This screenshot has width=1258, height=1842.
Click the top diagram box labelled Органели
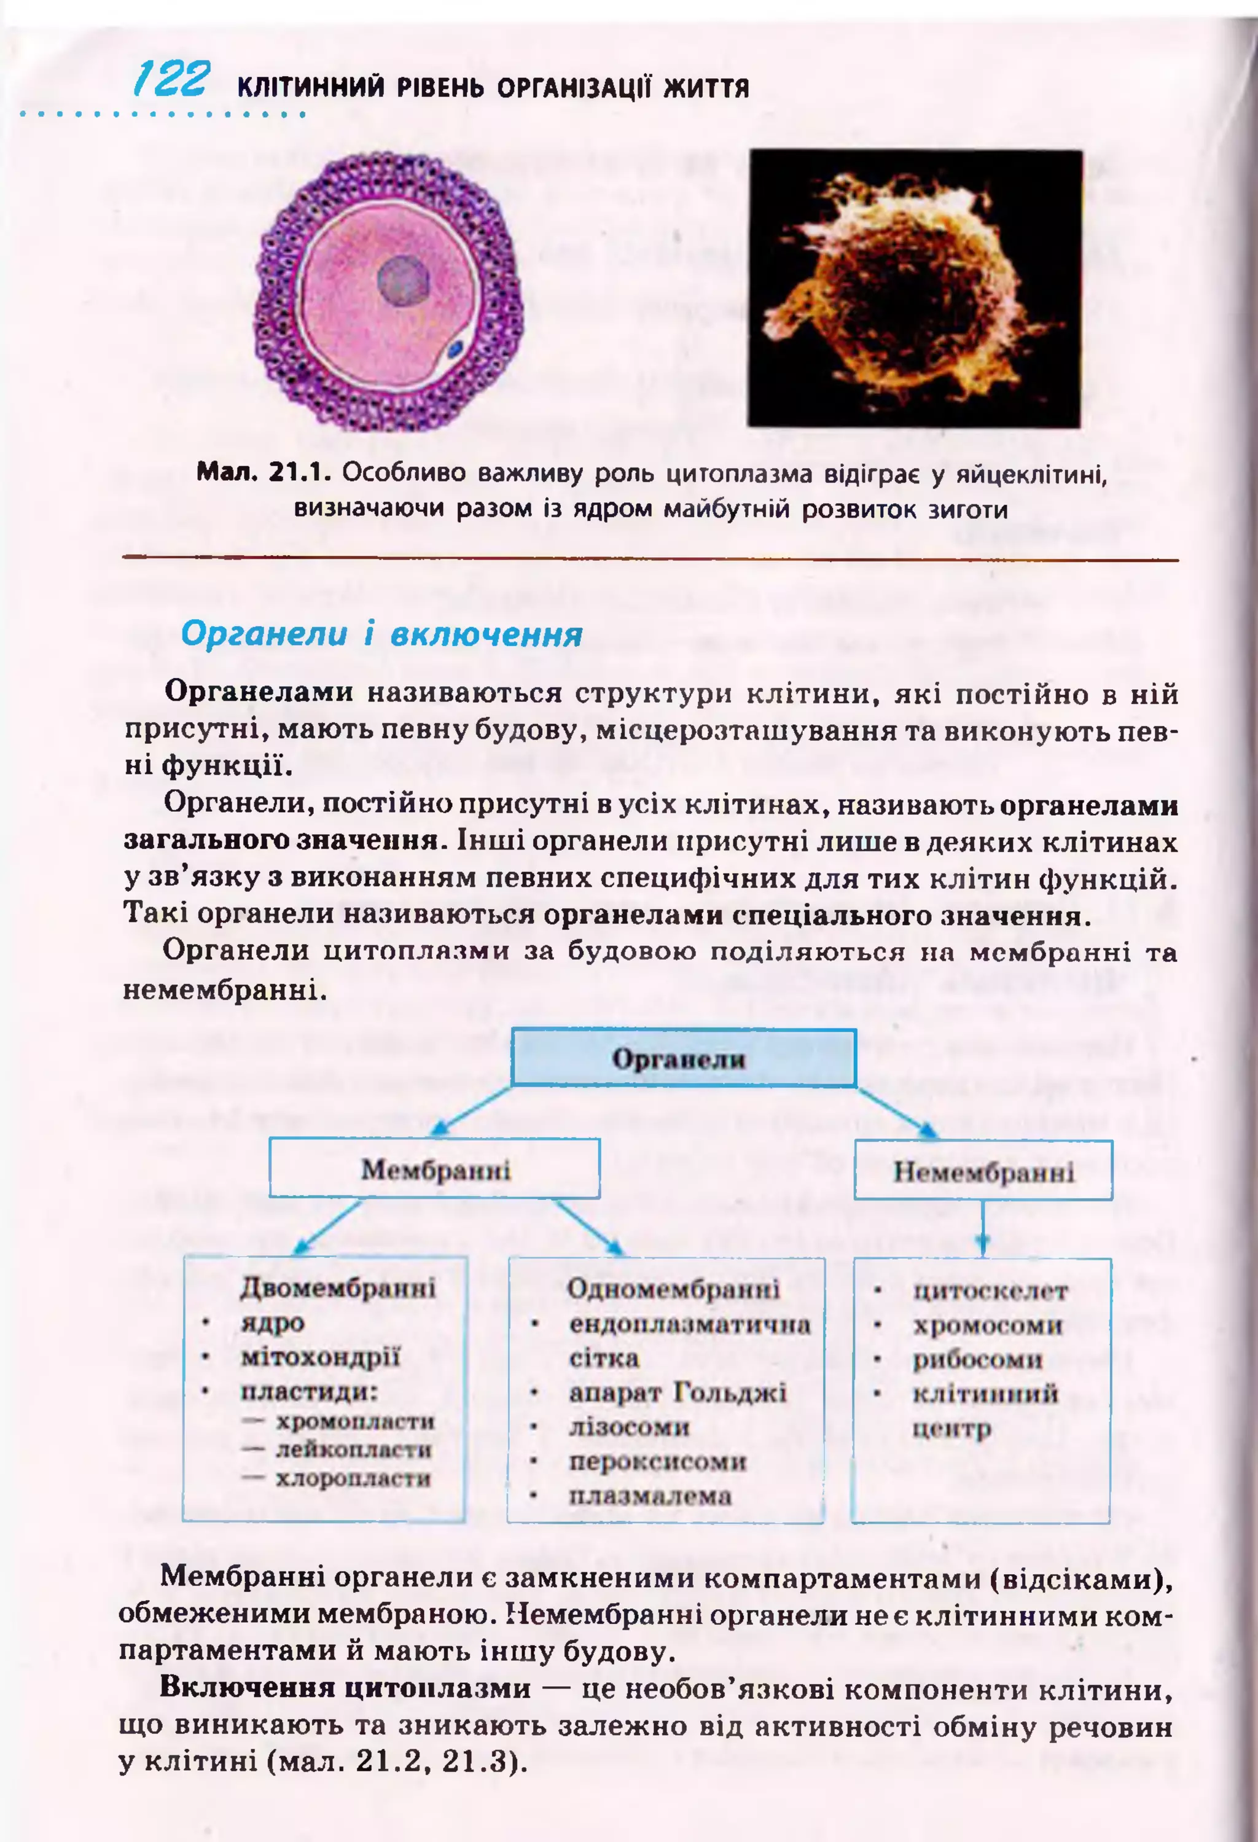682,1058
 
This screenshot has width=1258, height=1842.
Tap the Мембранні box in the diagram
434,1169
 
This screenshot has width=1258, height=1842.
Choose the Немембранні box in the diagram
983,1171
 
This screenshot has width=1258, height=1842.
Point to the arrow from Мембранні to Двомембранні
327,1227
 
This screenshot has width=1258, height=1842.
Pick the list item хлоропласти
353,1478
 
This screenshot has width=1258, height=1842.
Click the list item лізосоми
628,1427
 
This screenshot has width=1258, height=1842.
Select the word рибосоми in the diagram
977,1359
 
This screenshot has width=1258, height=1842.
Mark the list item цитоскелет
990,1291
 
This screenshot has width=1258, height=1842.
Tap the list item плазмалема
650,1496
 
